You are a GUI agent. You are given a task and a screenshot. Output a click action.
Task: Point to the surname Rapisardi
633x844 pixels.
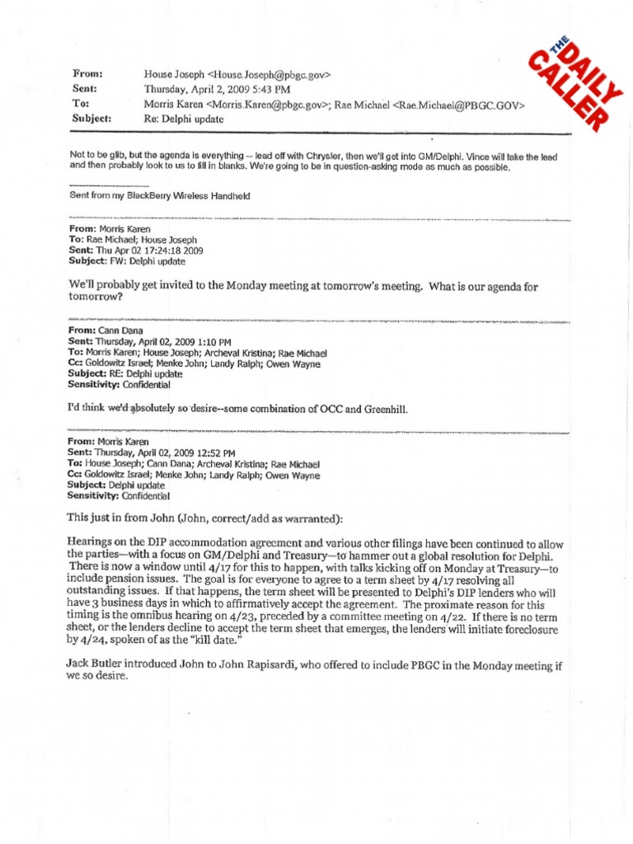point(285,663)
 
